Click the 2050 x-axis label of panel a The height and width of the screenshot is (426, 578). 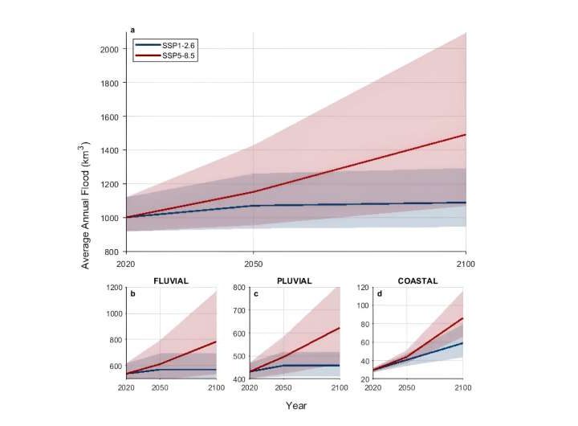pos(253,263)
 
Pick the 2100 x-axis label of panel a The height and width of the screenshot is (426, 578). pos(466,263)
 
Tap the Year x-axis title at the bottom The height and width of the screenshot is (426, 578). pos(296,406)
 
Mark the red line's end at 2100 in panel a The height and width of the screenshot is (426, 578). pos(466,134)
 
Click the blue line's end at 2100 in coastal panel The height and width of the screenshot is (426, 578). pos(463,343)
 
